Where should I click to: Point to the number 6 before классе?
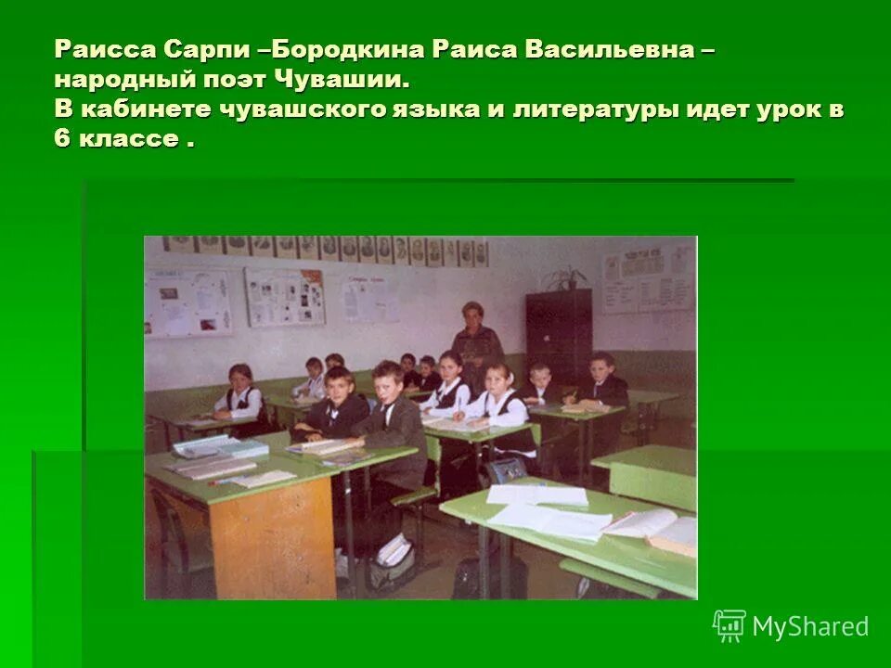[62, 140]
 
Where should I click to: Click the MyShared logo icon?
[729, 626]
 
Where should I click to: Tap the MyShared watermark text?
[810, 626]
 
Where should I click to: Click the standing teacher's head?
[472, 315]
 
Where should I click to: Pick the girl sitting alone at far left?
[241, 393]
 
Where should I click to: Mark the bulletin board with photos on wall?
[283, 297]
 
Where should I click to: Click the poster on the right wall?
[647, 279]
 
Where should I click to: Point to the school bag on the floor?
[390, 562]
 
